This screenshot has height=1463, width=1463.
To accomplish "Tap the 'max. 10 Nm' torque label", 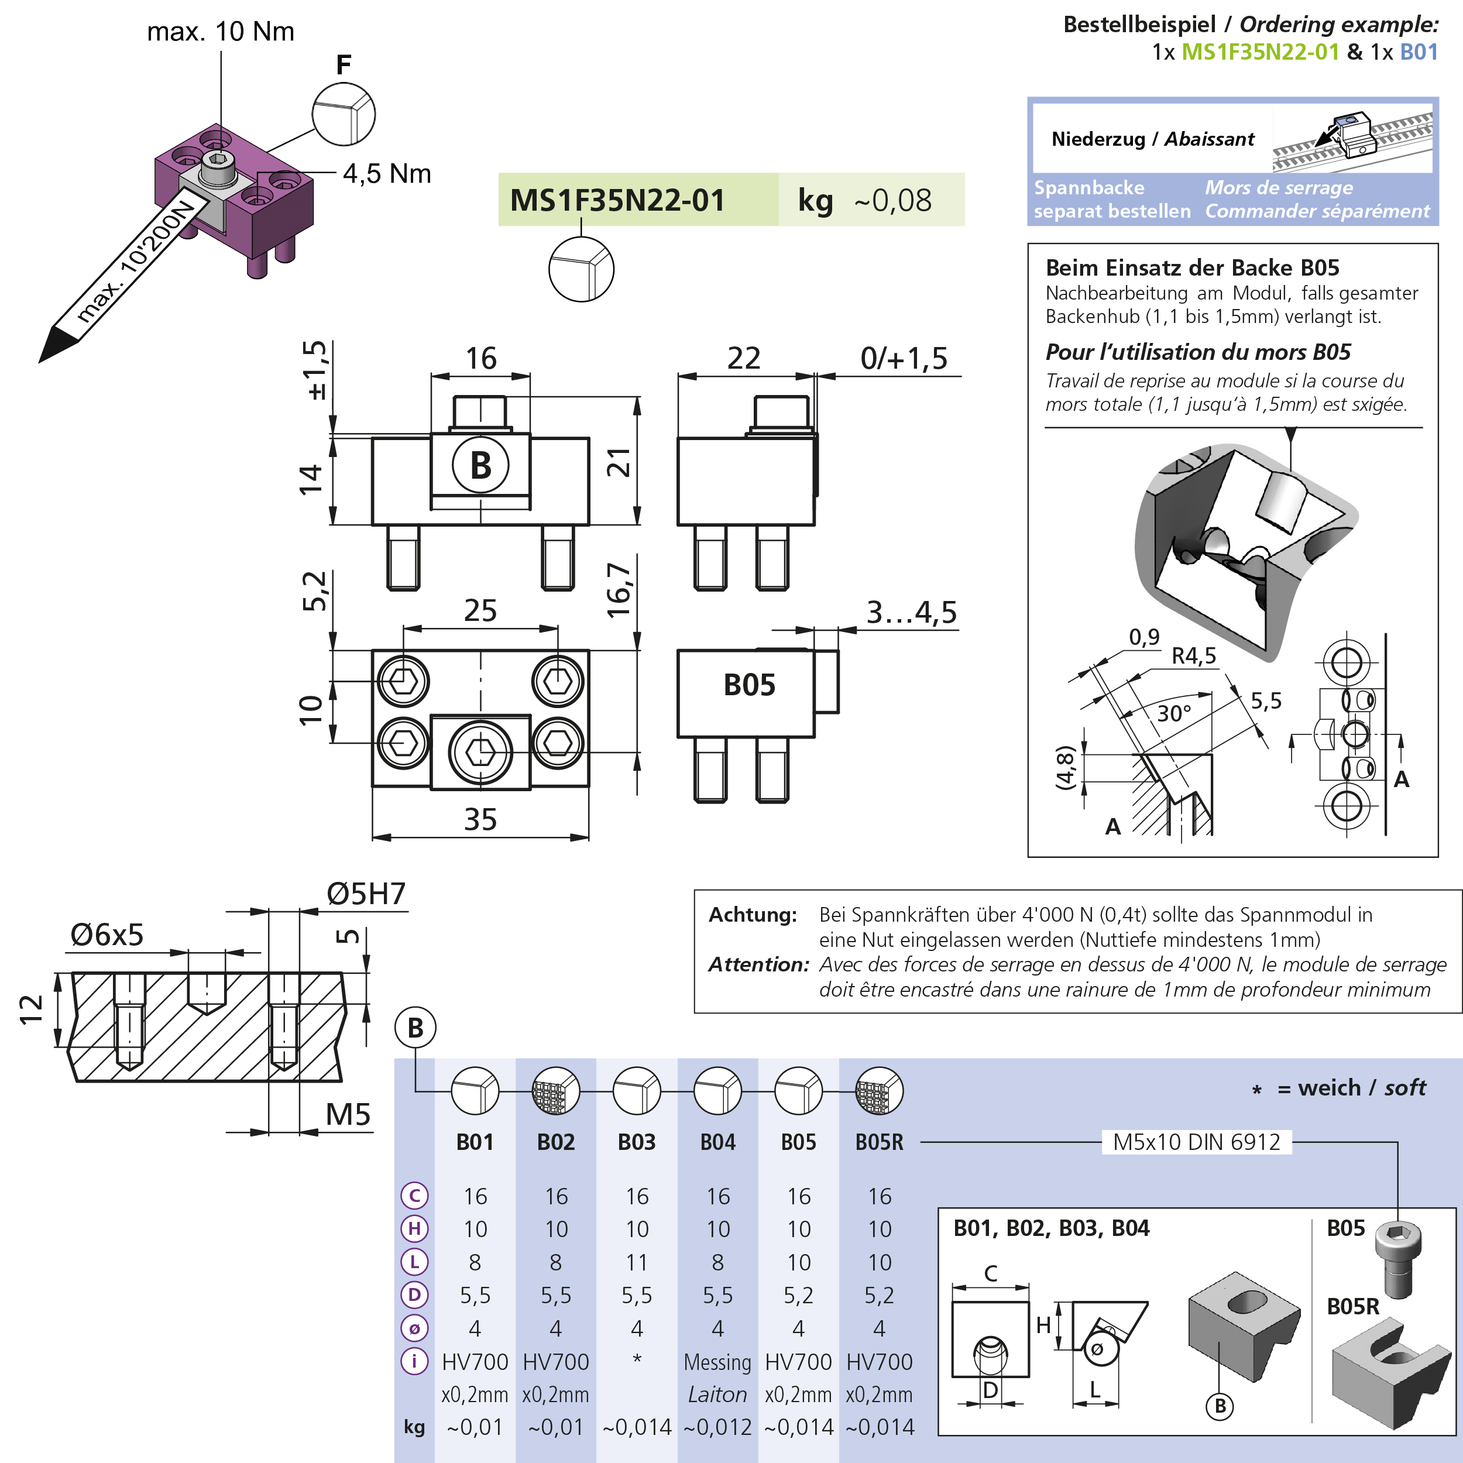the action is click(x=221, y=32).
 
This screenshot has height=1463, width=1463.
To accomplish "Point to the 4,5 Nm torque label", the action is click(x=387, y=174).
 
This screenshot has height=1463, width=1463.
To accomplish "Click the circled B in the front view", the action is click(x=480, y=465).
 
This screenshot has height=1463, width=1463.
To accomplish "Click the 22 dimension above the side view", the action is click(x=744, y=358).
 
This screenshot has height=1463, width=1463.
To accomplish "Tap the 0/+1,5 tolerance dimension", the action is click(x=904, y=358).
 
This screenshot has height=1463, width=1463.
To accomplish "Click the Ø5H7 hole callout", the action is click(x=366, y=894).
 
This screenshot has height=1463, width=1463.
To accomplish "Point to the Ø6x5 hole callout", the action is click(x=107, y=935).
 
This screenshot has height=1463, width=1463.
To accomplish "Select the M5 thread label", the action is click(x=348, y=1115).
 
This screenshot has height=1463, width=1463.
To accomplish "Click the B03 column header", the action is click(x=637, y=1142).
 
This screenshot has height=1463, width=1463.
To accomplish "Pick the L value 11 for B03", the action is click(x=637, y=1262).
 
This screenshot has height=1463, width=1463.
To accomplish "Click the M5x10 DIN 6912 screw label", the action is click(x=1197, y=1142).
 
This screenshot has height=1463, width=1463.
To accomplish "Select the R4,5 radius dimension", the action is click(x=1194, y=656).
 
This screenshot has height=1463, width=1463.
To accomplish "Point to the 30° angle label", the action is click(x=1174, y=713).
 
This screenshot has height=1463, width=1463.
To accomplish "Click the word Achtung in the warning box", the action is click(x=753, y=915).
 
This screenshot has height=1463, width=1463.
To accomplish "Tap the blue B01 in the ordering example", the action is click(x=1419, y=51).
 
